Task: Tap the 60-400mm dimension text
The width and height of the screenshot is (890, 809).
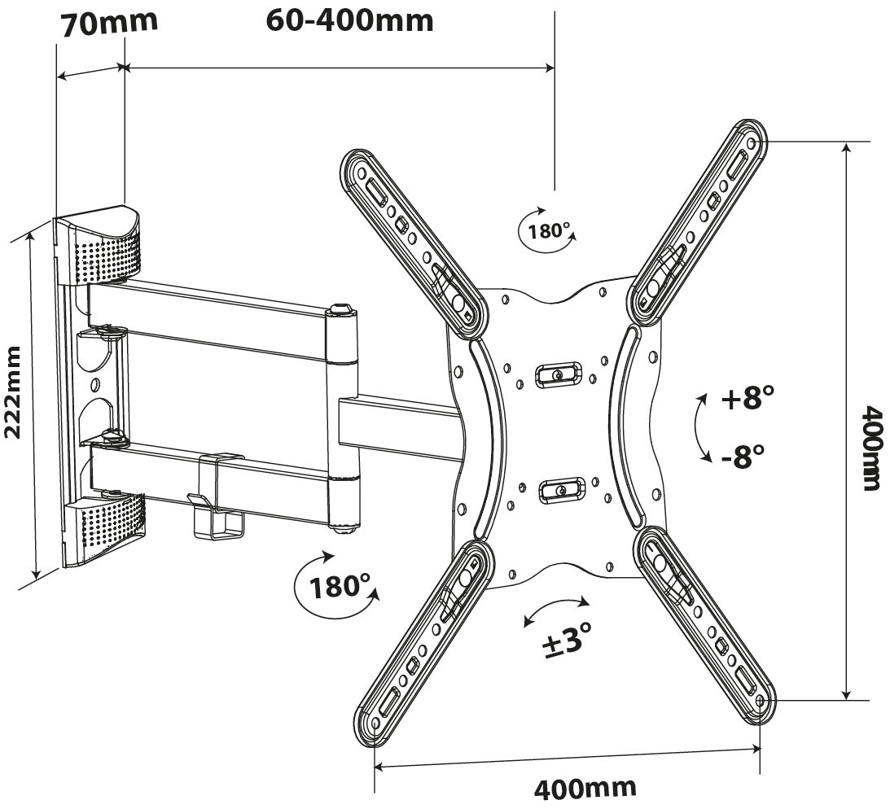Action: click(349, 20)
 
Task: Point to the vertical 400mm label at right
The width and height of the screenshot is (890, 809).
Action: click(870, 448)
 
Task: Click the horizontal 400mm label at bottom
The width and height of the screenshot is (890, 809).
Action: click(585, 788)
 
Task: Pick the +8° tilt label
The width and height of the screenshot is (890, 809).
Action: click(747, 399)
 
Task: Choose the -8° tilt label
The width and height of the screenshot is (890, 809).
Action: click(743, 453)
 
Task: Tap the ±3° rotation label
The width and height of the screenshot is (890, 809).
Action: click(565, 642)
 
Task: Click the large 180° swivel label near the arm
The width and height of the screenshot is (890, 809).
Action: click(340, 585)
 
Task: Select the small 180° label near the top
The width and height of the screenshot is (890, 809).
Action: click(549, 230)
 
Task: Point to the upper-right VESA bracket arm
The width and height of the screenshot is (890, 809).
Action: click(701, 220)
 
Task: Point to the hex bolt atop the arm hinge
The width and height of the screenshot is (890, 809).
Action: click(340, 309)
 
